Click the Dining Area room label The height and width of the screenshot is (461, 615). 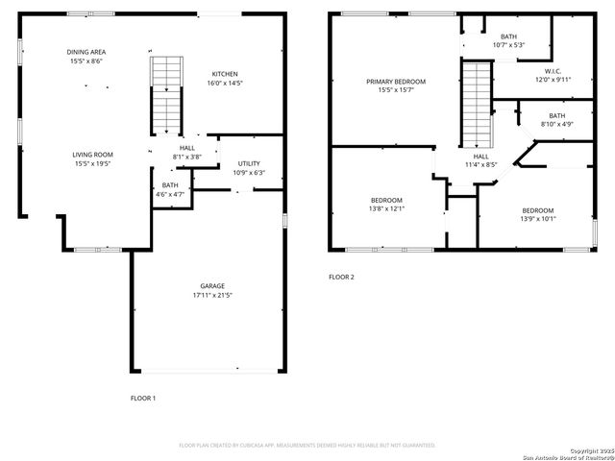click(85, 52)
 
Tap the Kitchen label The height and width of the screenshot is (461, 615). click(225, 74)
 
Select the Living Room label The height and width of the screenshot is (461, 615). click(92, 155)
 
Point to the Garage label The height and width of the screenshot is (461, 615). click(212, 285)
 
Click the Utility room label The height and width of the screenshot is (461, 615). click(248, 163)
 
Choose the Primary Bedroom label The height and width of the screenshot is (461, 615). click(395, 82)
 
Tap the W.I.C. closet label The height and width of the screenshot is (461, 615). click(553, 71)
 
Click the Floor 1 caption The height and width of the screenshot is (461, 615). click(143, 398)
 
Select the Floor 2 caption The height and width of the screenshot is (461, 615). click(341, 278)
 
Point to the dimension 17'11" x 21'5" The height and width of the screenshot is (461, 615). click(212, 295)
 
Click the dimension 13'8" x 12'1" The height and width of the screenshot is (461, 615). click(387, 208)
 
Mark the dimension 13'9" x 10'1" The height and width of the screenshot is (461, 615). click(538, 219)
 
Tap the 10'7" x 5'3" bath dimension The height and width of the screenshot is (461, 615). click(507, 45)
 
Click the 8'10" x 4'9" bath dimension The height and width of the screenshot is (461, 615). click(556, 124)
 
